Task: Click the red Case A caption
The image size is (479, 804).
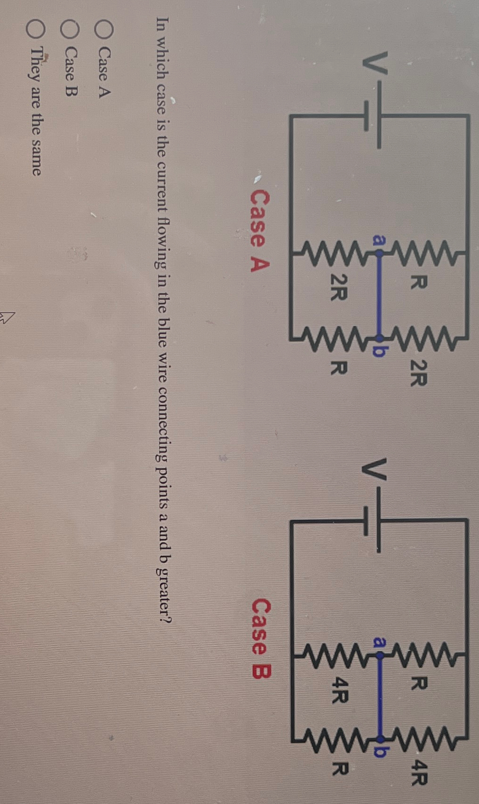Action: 259,231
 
